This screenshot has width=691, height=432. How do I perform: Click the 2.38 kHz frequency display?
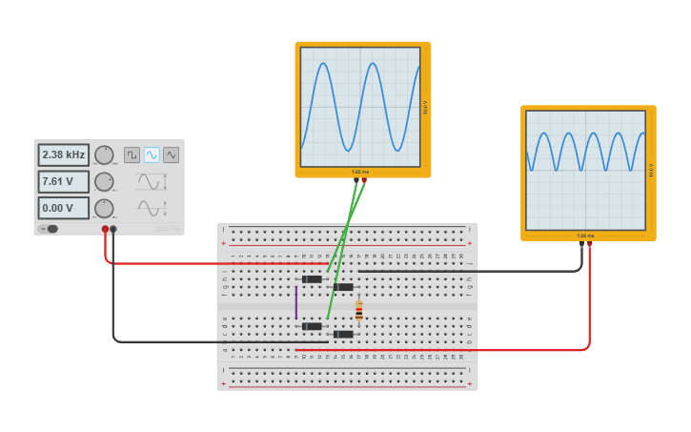click(x=63, y=154)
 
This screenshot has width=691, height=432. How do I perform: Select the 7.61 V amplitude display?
click(x=63, y=181)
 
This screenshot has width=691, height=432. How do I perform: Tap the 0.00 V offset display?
click(x=63, y=208)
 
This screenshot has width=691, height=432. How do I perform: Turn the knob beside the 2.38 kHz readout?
click(x=104, y=154)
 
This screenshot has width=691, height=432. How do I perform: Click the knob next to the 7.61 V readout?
click(x=104, y=181)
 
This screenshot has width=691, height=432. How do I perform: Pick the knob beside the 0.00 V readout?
click(x=104, y=208)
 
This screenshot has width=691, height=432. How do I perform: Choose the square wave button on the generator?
click(x=132, y=154)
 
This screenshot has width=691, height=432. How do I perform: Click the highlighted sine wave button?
click(x=152, y=154)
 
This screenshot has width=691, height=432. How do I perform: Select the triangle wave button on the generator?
click(x=171, y=154)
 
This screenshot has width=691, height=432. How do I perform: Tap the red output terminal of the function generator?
click(x=105, y=229)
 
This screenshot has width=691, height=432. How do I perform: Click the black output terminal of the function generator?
click(x=113, y=229)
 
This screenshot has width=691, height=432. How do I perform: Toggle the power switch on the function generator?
click(x=50, y=229)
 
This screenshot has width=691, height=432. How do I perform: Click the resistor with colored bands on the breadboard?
click(x=358, y=311)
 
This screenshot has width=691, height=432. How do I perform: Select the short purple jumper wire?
click(x=295, y=302)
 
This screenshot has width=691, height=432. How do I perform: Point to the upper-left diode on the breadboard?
click(x=312, y=278)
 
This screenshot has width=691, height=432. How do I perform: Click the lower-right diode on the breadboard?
click(x=343, y=334)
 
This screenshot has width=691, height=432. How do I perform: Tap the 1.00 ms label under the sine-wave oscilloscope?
click(x=360, y=172)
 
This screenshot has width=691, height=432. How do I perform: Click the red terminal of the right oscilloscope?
click(x=590, y=243)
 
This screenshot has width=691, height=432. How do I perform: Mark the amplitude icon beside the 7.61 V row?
click(x=150, y=181)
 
